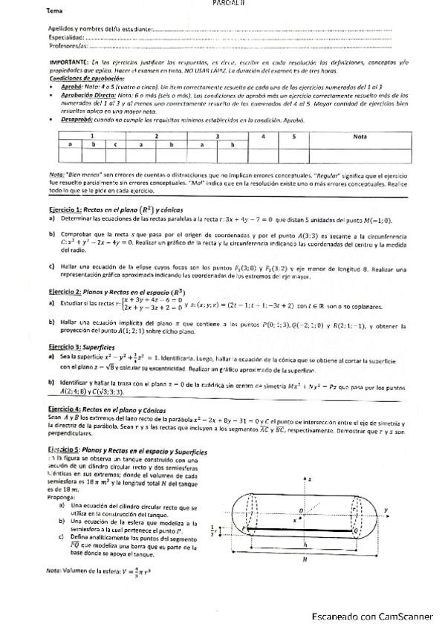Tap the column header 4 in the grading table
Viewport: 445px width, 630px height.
(x=264, y=137)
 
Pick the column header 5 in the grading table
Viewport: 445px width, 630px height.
(x=294, y=137)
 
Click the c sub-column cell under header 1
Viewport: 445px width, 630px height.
(x=116, y=144)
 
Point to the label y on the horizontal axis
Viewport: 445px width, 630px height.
(x=386, y=509)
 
